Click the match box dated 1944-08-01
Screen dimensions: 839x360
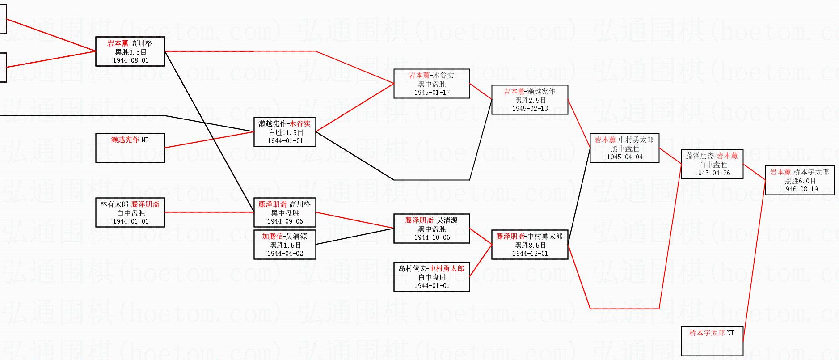point(130,51)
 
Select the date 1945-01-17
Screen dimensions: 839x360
point(432,93)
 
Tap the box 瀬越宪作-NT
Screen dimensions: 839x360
point(130,148)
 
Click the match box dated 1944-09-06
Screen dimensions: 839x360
point(285,212)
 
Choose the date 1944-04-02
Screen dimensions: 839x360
point(285,254)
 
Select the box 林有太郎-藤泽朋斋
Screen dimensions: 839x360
point(130,212)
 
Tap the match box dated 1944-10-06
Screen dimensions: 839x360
point(432,229)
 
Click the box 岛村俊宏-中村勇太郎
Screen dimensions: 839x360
point(432,277)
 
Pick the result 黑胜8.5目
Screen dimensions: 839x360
point(530,245)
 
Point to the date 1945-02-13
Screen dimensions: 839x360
point(530,109)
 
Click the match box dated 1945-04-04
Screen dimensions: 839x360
point(624,148)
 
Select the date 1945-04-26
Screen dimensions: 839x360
point(712,173)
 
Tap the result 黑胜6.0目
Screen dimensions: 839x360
point(800,181)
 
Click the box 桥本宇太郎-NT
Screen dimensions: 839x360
point(712,341)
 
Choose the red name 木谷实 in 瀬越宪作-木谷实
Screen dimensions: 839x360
point(300,124)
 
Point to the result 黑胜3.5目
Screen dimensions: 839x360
point(131,52)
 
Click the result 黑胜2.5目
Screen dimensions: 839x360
point(530,100)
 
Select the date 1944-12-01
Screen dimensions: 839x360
point(530,254)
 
